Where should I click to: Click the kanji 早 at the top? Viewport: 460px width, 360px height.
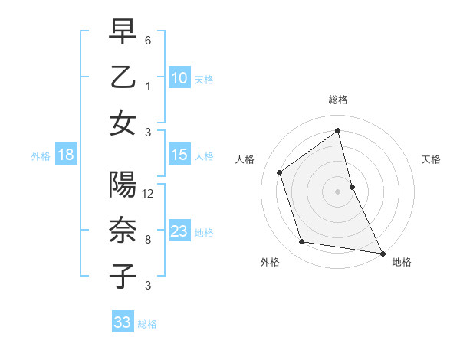(x=123, y=32)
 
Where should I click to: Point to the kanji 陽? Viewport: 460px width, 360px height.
(x=123, y=186)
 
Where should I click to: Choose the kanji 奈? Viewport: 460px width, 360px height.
(x=123, y=231)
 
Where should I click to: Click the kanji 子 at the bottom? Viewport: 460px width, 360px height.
(x=123, y=276)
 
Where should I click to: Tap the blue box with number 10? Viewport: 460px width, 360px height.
(x=179, y=77)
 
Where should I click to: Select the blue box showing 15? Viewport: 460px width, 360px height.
(x=179, y=155)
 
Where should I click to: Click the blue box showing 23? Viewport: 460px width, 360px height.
(x=179, y=231)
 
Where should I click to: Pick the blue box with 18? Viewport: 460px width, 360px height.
(x=66, y=155)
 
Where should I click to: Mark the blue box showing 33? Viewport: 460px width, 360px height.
(x=123, y=322)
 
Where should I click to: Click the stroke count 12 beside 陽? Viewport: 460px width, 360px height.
(x=149, y=194)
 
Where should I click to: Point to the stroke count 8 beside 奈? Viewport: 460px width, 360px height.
(x=148, y=240)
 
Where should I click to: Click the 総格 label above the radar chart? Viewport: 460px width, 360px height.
(x=338, y=100)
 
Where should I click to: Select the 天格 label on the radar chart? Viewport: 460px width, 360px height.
(x=432, y=159)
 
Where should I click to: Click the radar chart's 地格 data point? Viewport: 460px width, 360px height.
(x=383, y=252)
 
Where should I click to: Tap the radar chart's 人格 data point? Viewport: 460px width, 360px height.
(x=280, y=172)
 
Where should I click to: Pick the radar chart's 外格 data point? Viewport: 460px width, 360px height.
(x=302, y=242)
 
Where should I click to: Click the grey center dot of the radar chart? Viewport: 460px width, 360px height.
(x=338, y=191)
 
